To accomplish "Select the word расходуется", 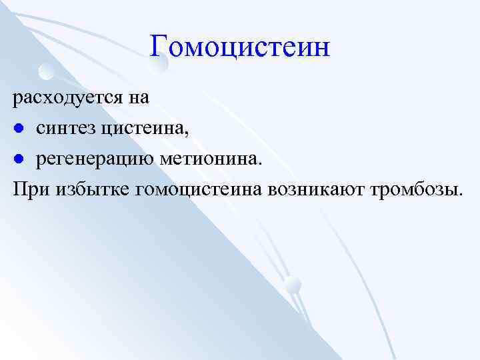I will point(68,98).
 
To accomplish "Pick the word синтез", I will point(66,129).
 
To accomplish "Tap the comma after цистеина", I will point(187,133).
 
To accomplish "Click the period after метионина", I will point(261,163).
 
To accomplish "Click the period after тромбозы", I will point(459,195).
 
